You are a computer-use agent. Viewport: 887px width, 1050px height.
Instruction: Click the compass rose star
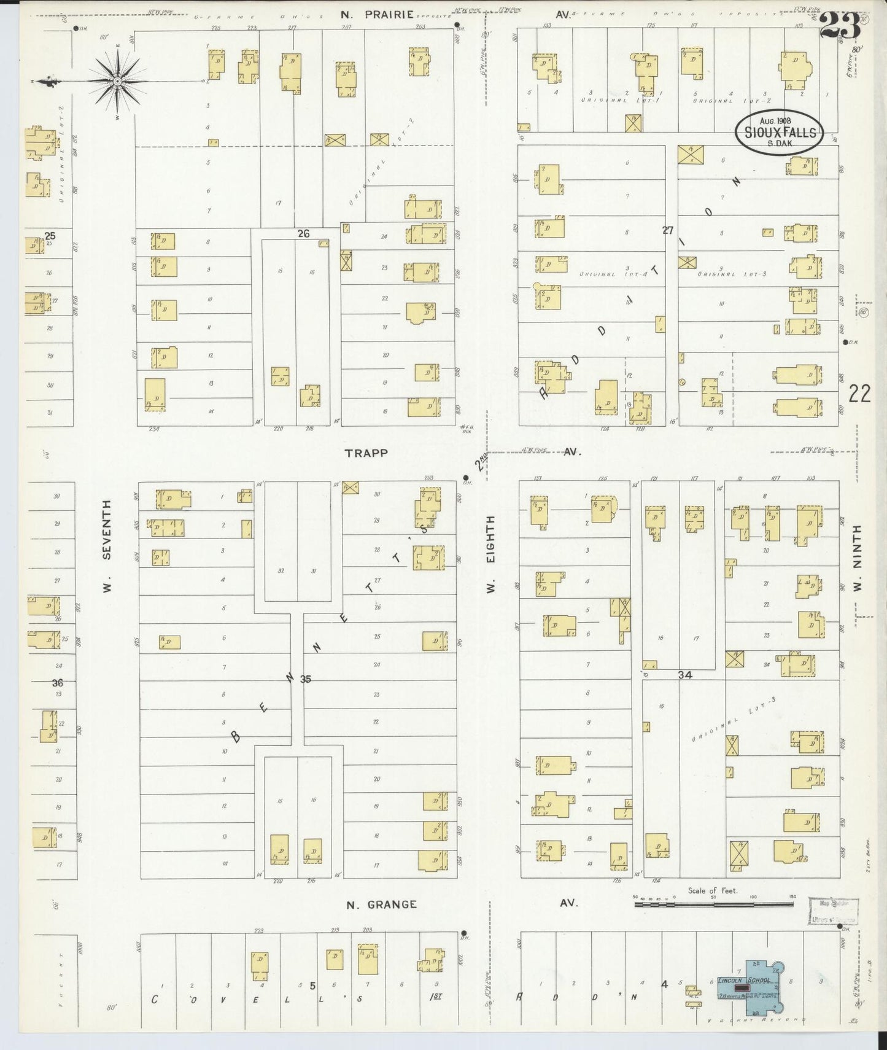(x=117, y=80)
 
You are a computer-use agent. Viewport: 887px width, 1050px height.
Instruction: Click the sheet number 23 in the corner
(x=839, y=26)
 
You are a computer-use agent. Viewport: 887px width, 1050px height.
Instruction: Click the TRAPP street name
(x=366, y=453)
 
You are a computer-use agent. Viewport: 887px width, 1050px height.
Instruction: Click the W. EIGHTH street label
(x=490, y=554)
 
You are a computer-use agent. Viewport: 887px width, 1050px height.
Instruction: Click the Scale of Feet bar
(x=713, y=904)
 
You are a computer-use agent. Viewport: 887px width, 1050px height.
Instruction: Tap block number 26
(x=303, y=233)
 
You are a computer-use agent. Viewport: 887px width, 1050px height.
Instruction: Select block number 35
(x=306, y=679)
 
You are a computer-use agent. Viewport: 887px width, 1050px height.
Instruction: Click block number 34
(x=685, y=675)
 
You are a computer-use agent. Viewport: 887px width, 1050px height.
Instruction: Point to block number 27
(x=668, y=230)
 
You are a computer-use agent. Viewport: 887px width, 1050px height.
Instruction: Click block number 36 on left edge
(x=58, y=683)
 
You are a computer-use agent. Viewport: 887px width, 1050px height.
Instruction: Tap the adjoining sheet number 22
(x=859, y=394)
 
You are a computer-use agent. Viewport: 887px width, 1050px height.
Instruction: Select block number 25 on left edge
(x=50, y=236)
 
